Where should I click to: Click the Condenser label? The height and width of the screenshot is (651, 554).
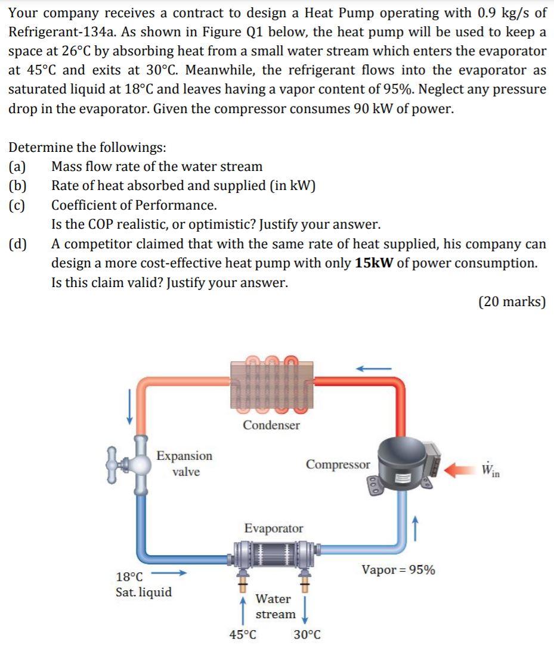point(271,425)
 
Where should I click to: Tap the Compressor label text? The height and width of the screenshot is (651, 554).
point(338,465)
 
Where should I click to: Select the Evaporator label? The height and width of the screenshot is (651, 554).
point(274,528)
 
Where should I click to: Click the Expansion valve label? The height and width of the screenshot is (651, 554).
point(184,463)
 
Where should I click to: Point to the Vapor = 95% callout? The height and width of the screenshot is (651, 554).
point(398,570)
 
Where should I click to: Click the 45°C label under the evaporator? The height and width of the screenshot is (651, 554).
point(243,635)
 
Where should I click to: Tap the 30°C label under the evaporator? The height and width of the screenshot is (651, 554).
point(307,635)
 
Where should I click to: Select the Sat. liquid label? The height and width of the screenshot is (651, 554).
point(143,592)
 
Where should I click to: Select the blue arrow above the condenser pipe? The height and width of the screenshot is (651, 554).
point(373,369)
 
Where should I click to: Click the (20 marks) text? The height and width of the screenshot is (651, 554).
point(512,302)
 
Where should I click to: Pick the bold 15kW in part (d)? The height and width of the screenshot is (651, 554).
point(374,263)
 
